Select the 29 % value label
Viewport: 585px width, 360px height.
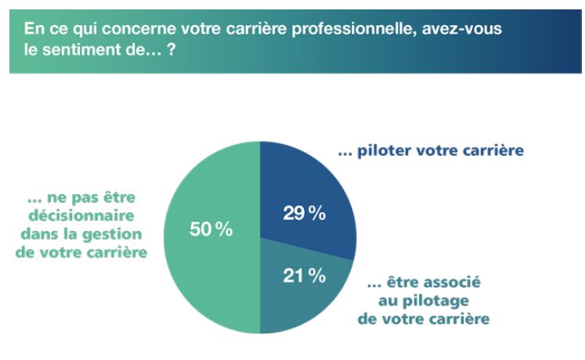305,214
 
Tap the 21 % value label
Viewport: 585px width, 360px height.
305,277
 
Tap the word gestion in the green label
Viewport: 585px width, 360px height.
129,232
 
